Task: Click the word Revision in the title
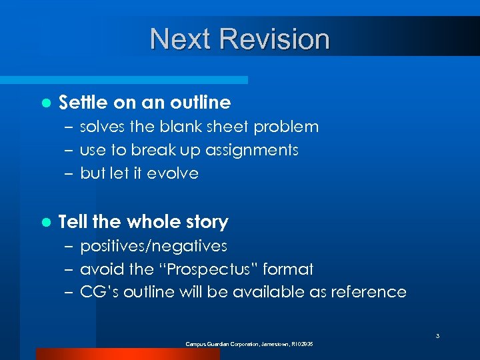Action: pyautogui.click(x=275, y=39)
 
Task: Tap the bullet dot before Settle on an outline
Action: pyautogui.click(x=45, y=103)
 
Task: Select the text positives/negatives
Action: pyautogui.click(x=153, y=247)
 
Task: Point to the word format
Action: pyautogui.click(x=288, y=269)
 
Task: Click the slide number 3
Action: pyautogui.click(x=437, y=336)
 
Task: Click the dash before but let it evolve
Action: pyautogui.click(x=70, y=174)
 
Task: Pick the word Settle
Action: pyautogui.click(x=83, y=103)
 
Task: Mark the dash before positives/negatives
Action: pyautogui.click(x=70, y=247)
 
